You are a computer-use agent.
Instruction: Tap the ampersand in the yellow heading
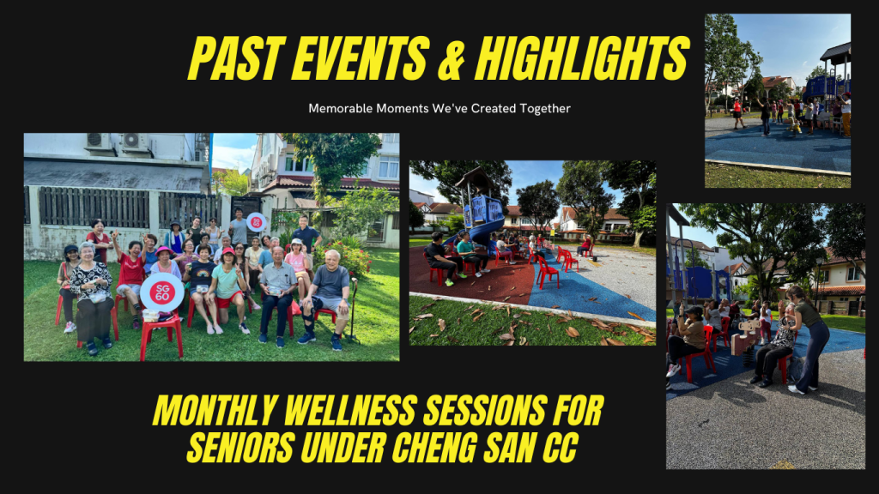[x=452, y=59]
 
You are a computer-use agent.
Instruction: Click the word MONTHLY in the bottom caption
[x=215, y=411]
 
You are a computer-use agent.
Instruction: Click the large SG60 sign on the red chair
[x=162, y=292]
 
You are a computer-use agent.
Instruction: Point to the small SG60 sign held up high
[x=256, y=222]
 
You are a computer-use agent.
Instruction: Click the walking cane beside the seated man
[x=353, y=310]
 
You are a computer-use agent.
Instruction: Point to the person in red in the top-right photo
[x=737, y=112]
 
